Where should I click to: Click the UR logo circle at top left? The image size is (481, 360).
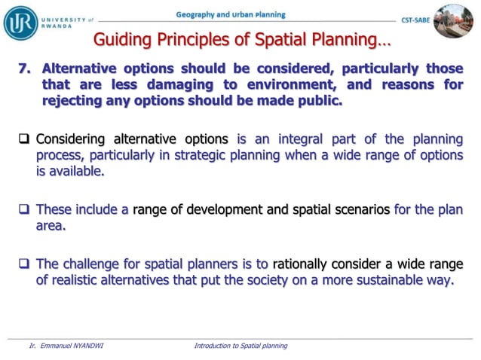click(x=20, y=22)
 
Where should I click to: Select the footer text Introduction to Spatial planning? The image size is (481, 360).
click(x=240, y=346)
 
